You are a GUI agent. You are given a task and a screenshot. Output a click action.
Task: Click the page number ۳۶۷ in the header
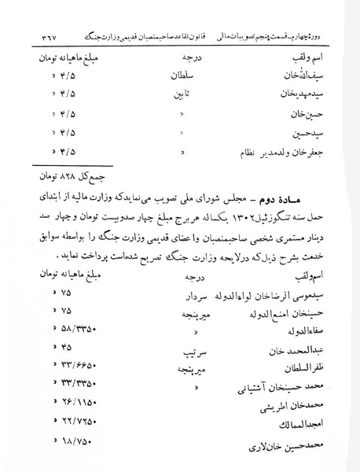[46, 38]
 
